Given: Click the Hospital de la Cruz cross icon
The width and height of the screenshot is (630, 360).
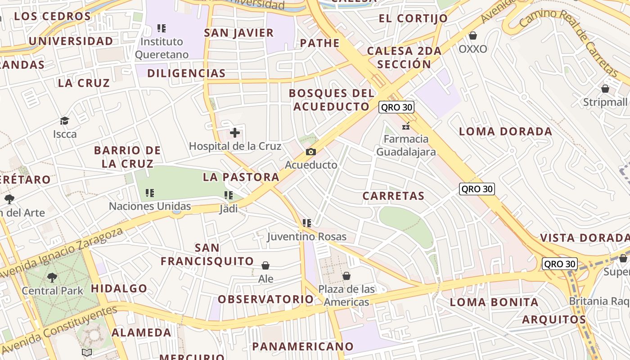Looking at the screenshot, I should pyautogui.click(x=235, y=133).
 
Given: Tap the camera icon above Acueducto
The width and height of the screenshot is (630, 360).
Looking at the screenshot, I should pyautogui.click(x=311, y=152).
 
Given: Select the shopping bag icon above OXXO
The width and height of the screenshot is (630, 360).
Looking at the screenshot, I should pyautogui.click(x=473, y=36).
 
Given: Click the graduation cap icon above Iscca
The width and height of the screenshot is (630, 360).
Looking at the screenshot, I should pyautogui.click(x=65, y=121).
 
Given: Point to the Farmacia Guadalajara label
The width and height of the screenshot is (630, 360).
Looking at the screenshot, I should pyautogui.click(x=406, y=145).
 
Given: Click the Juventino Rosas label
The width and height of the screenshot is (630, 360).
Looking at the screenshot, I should pyautogui.click(x=307, y=237).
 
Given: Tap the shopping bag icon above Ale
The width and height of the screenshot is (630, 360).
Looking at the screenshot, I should pyautogui.click(x=265, y=265).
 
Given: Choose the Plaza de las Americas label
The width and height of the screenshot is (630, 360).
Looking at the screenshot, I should pyautogui.click(x=346, y=296).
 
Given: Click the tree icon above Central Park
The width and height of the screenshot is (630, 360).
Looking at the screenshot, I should pyautogui.click(x=52, y=277).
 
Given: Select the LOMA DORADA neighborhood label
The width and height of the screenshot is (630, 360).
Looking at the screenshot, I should pyautogui.click(x=505, y=131).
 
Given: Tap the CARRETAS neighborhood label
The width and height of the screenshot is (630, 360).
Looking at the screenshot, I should pyautogui.click(x=393, y=196).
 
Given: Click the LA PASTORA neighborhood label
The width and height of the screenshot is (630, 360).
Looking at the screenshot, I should pyautogui.click(x=241, y=177).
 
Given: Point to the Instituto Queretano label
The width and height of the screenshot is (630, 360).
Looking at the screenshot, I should pyautogui.click(x=162, y=48).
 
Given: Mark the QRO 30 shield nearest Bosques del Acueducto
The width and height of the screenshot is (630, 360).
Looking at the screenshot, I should pyautogui.click(x=396, y=107).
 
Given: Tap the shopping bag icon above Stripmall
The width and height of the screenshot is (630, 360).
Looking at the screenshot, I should pyautogui.click(x=605, y=89).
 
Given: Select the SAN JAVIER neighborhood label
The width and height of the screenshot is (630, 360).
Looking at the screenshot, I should pyautogui.click(x=238, y=33).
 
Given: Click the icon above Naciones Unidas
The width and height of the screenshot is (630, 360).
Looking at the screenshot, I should pyautogui.click(x=150, y=193).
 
